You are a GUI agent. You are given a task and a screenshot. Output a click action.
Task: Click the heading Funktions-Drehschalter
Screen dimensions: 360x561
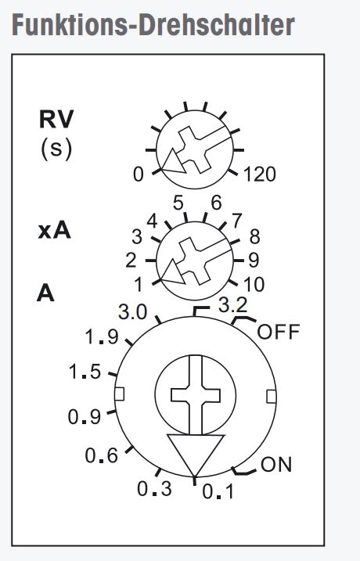pos(153,25)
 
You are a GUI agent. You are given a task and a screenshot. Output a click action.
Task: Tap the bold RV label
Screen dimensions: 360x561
pos(56,119)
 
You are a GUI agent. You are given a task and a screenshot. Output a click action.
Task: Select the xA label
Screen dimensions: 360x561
pos(55,231)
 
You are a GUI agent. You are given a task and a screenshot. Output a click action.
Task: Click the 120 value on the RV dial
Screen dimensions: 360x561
pos(260,174)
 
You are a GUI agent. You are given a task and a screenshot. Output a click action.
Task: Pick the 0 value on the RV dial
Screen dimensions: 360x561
pos(139,174)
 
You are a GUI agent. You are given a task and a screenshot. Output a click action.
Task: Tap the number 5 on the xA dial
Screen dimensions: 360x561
pos(178,203)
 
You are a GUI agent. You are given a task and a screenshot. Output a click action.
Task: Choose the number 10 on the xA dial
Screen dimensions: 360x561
pos(254,285)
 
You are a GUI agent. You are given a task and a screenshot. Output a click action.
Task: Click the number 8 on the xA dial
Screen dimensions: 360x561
pos(254,237)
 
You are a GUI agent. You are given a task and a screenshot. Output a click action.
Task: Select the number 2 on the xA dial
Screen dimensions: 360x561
pos(131,260)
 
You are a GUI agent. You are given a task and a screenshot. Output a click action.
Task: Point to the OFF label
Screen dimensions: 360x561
pos(278,332)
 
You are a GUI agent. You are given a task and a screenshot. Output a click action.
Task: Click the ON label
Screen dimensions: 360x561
pos(276,465)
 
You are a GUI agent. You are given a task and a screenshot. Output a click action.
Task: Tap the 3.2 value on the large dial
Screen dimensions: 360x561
pos(233,305)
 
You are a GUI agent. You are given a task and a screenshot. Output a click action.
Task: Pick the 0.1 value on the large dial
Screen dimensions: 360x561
pos(218,491)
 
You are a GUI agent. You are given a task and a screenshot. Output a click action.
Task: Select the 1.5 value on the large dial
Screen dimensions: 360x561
pos(85,372)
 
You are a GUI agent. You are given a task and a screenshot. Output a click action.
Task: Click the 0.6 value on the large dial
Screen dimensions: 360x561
pos(102,455)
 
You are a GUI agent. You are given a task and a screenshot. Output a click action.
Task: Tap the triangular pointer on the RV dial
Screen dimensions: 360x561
pos(173,161)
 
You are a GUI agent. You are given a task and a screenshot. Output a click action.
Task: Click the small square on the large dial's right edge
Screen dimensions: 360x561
pos(272,397)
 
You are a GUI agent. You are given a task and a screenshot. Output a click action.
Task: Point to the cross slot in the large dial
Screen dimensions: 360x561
pos(196,395)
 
